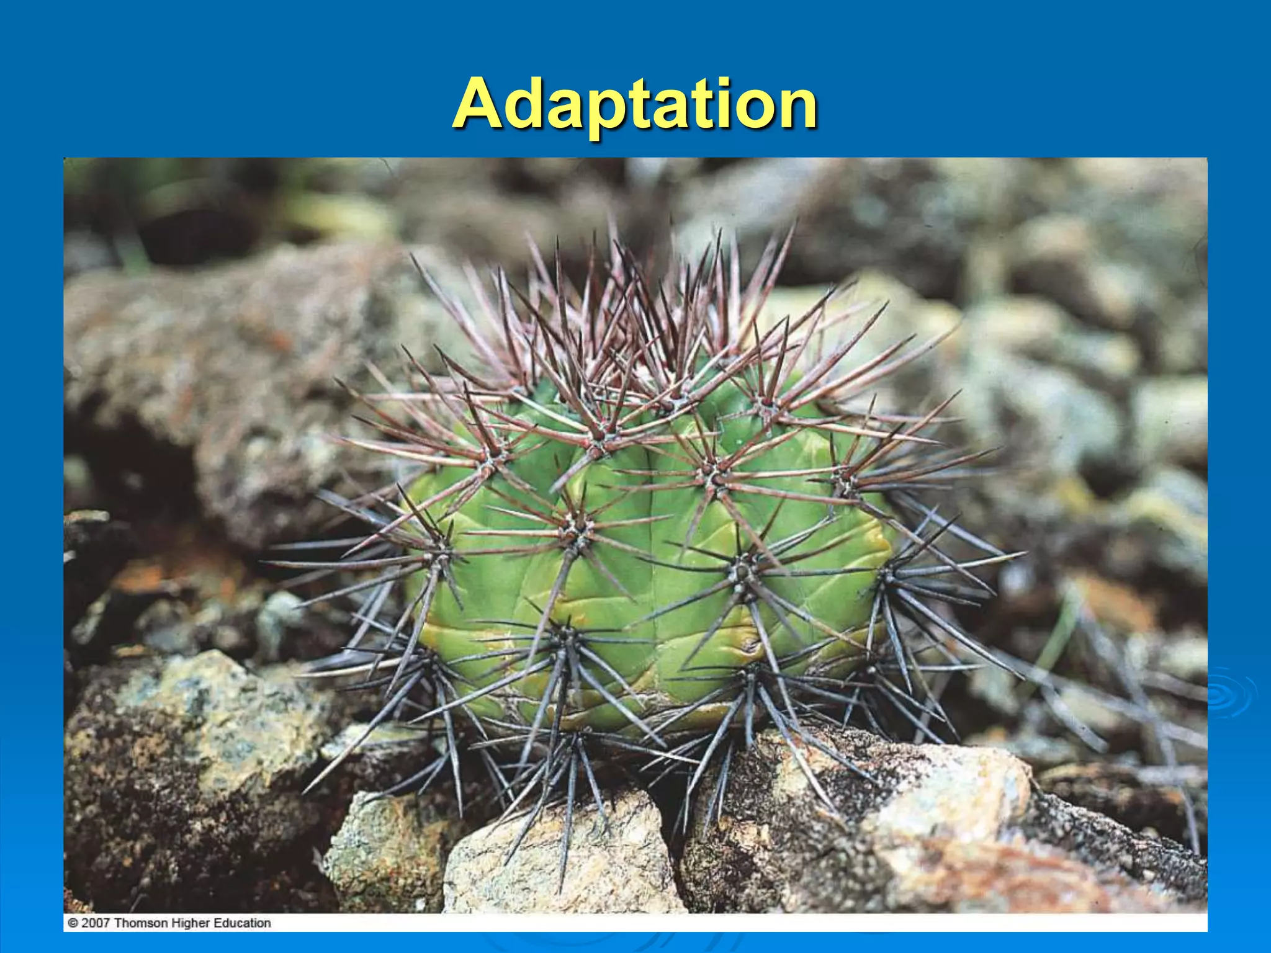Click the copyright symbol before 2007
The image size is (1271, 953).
(x=73, y=923)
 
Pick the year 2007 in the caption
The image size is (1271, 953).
(x=96, y=923)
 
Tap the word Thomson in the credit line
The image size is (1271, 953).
(x=140, y=923)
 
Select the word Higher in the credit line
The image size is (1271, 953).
(x=190, y=923)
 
